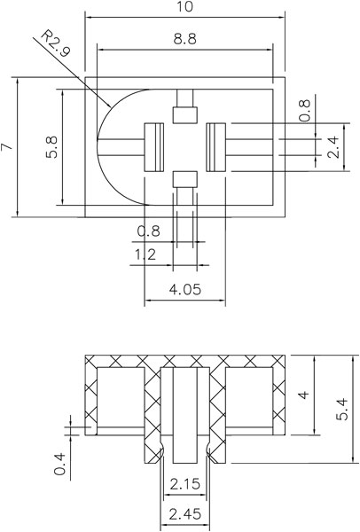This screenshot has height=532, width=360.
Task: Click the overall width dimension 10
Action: (185, 6)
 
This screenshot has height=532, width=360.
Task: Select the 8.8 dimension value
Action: (185, 39)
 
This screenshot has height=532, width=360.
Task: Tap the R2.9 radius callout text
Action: (55, 43)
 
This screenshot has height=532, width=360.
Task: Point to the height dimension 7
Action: (7, 146)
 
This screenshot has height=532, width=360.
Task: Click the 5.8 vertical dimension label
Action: (52, 147)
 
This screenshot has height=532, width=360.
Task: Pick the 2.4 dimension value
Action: (333, 147)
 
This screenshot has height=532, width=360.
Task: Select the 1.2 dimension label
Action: (145, 254)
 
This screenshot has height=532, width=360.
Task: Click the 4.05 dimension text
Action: (185, 289)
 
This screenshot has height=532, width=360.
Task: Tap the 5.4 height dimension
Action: (342, 409)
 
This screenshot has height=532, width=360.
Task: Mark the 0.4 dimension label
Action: (59, 464)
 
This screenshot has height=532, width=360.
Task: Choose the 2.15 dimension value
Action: (185, 484)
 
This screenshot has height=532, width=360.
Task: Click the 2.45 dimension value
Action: (185, 514)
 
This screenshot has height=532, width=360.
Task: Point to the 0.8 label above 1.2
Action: (148, 231)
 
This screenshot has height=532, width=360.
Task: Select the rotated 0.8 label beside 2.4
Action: (305, 110)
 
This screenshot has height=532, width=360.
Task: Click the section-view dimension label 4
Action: (304, 395)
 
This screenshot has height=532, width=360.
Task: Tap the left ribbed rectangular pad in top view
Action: (154, 147)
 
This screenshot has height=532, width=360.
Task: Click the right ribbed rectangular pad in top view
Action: (215, 147)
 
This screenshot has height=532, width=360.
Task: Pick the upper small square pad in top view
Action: (185, 115)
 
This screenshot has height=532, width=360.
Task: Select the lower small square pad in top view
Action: (185, 179)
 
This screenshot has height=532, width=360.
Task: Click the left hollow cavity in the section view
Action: (121, 397)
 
